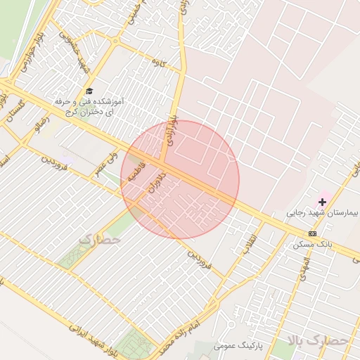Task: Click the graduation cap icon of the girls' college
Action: click(89, 91)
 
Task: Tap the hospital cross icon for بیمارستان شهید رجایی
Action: click(322, 202)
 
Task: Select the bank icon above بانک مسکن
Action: click(312, 233)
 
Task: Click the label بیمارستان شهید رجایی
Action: click(322, 212)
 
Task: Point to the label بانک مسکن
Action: click(311, 244)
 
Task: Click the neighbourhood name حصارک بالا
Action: click(318, 341)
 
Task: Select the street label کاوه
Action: click(159, 63)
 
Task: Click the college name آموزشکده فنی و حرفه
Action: click(89, 102)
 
